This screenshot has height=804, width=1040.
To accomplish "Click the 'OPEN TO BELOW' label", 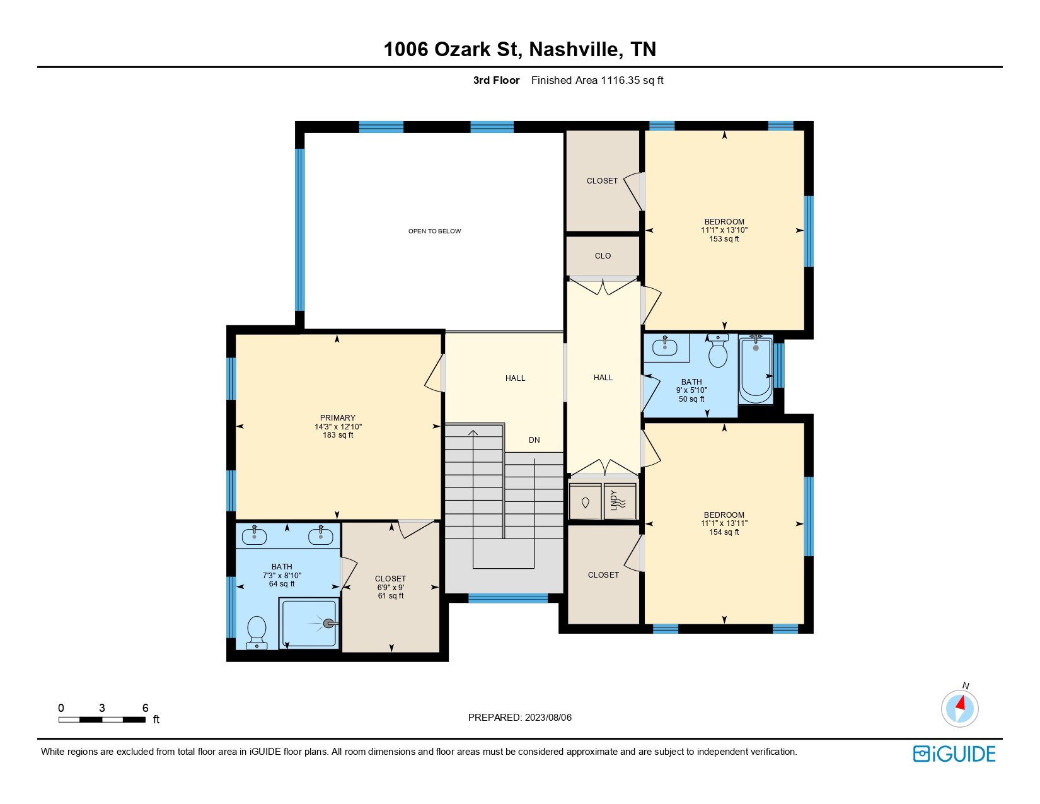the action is point(434,231).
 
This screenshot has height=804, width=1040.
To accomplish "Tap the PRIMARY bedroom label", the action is point(337,417).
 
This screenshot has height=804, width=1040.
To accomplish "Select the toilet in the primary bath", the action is point(257,632).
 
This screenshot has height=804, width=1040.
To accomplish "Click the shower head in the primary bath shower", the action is point(329,624).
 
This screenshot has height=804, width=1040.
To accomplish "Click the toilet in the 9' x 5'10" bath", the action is point(717,351).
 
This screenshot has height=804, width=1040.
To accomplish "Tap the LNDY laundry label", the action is point(613,501).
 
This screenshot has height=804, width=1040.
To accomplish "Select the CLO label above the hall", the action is point(603,256).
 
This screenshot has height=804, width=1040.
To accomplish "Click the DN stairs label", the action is point(534,440).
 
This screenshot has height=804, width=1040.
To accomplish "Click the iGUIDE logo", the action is point(954,754).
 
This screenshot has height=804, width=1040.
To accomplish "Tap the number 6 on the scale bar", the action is point(146,708).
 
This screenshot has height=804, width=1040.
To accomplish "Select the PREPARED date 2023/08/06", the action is point(548,718).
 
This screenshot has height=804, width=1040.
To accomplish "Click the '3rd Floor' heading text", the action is point(496,81).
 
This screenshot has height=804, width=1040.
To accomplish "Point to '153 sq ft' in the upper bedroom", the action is point(724,238).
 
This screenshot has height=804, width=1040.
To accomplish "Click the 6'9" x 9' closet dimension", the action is point(391,588).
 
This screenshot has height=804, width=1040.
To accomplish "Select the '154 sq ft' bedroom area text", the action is point(724,532).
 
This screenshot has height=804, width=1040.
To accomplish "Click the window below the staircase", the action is point(508,598).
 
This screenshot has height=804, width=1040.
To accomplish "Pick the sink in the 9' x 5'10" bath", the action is point(665,347).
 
